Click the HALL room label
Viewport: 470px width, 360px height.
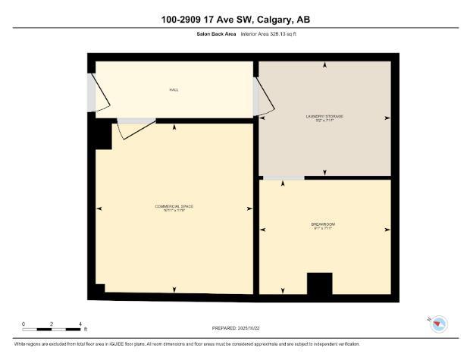pos(174,89)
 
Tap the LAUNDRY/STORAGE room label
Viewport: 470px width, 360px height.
pos(324,117)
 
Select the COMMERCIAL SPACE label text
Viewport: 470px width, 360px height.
pos(174,207)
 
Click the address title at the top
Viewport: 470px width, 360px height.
pos(235,19)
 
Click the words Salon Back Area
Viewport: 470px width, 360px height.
pos(216,35)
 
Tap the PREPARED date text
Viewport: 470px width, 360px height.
pos(235,327)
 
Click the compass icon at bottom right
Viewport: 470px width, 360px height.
pos(438,324)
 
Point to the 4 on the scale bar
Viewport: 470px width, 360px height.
pos(80,324)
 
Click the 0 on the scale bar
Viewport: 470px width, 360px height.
pos(23,324)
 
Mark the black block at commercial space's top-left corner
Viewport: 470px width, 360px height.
pos(99,136)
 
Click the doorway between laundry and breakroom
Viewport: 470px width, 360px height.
pos(284,177)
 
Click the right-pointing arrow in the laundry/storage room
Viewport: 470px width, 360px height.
pos(387,117)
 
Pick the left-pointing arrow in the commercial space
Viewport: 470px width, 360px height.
pos(99,208)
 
